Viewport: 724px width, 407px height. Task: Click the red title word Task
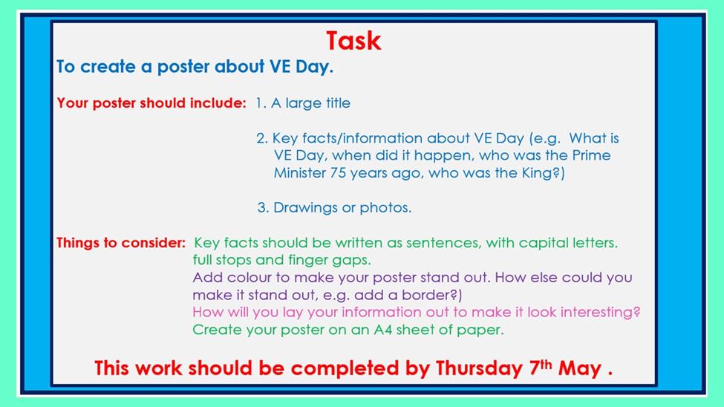[x=353, y=41]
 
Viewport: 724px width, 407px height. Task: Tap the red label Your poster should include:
[x=151, y=103]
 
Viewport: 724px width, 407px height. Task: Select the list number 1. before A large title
[x=261, y=103]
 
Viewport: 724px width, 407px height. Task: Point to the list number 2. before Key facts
[x=262, y=138]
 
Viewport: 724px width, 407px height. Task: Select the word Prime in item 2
[x=592, y=155]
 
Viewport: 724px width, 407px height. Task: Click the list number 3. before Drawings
[x=263, y=207]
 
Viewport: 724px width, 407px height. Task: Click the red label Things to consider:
[x=121, y=243]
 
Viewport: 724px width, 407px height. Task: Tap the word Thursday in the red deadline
[x=479, y=368]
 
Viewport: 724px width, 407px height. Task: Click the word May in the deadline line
[x=579, y=369]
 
